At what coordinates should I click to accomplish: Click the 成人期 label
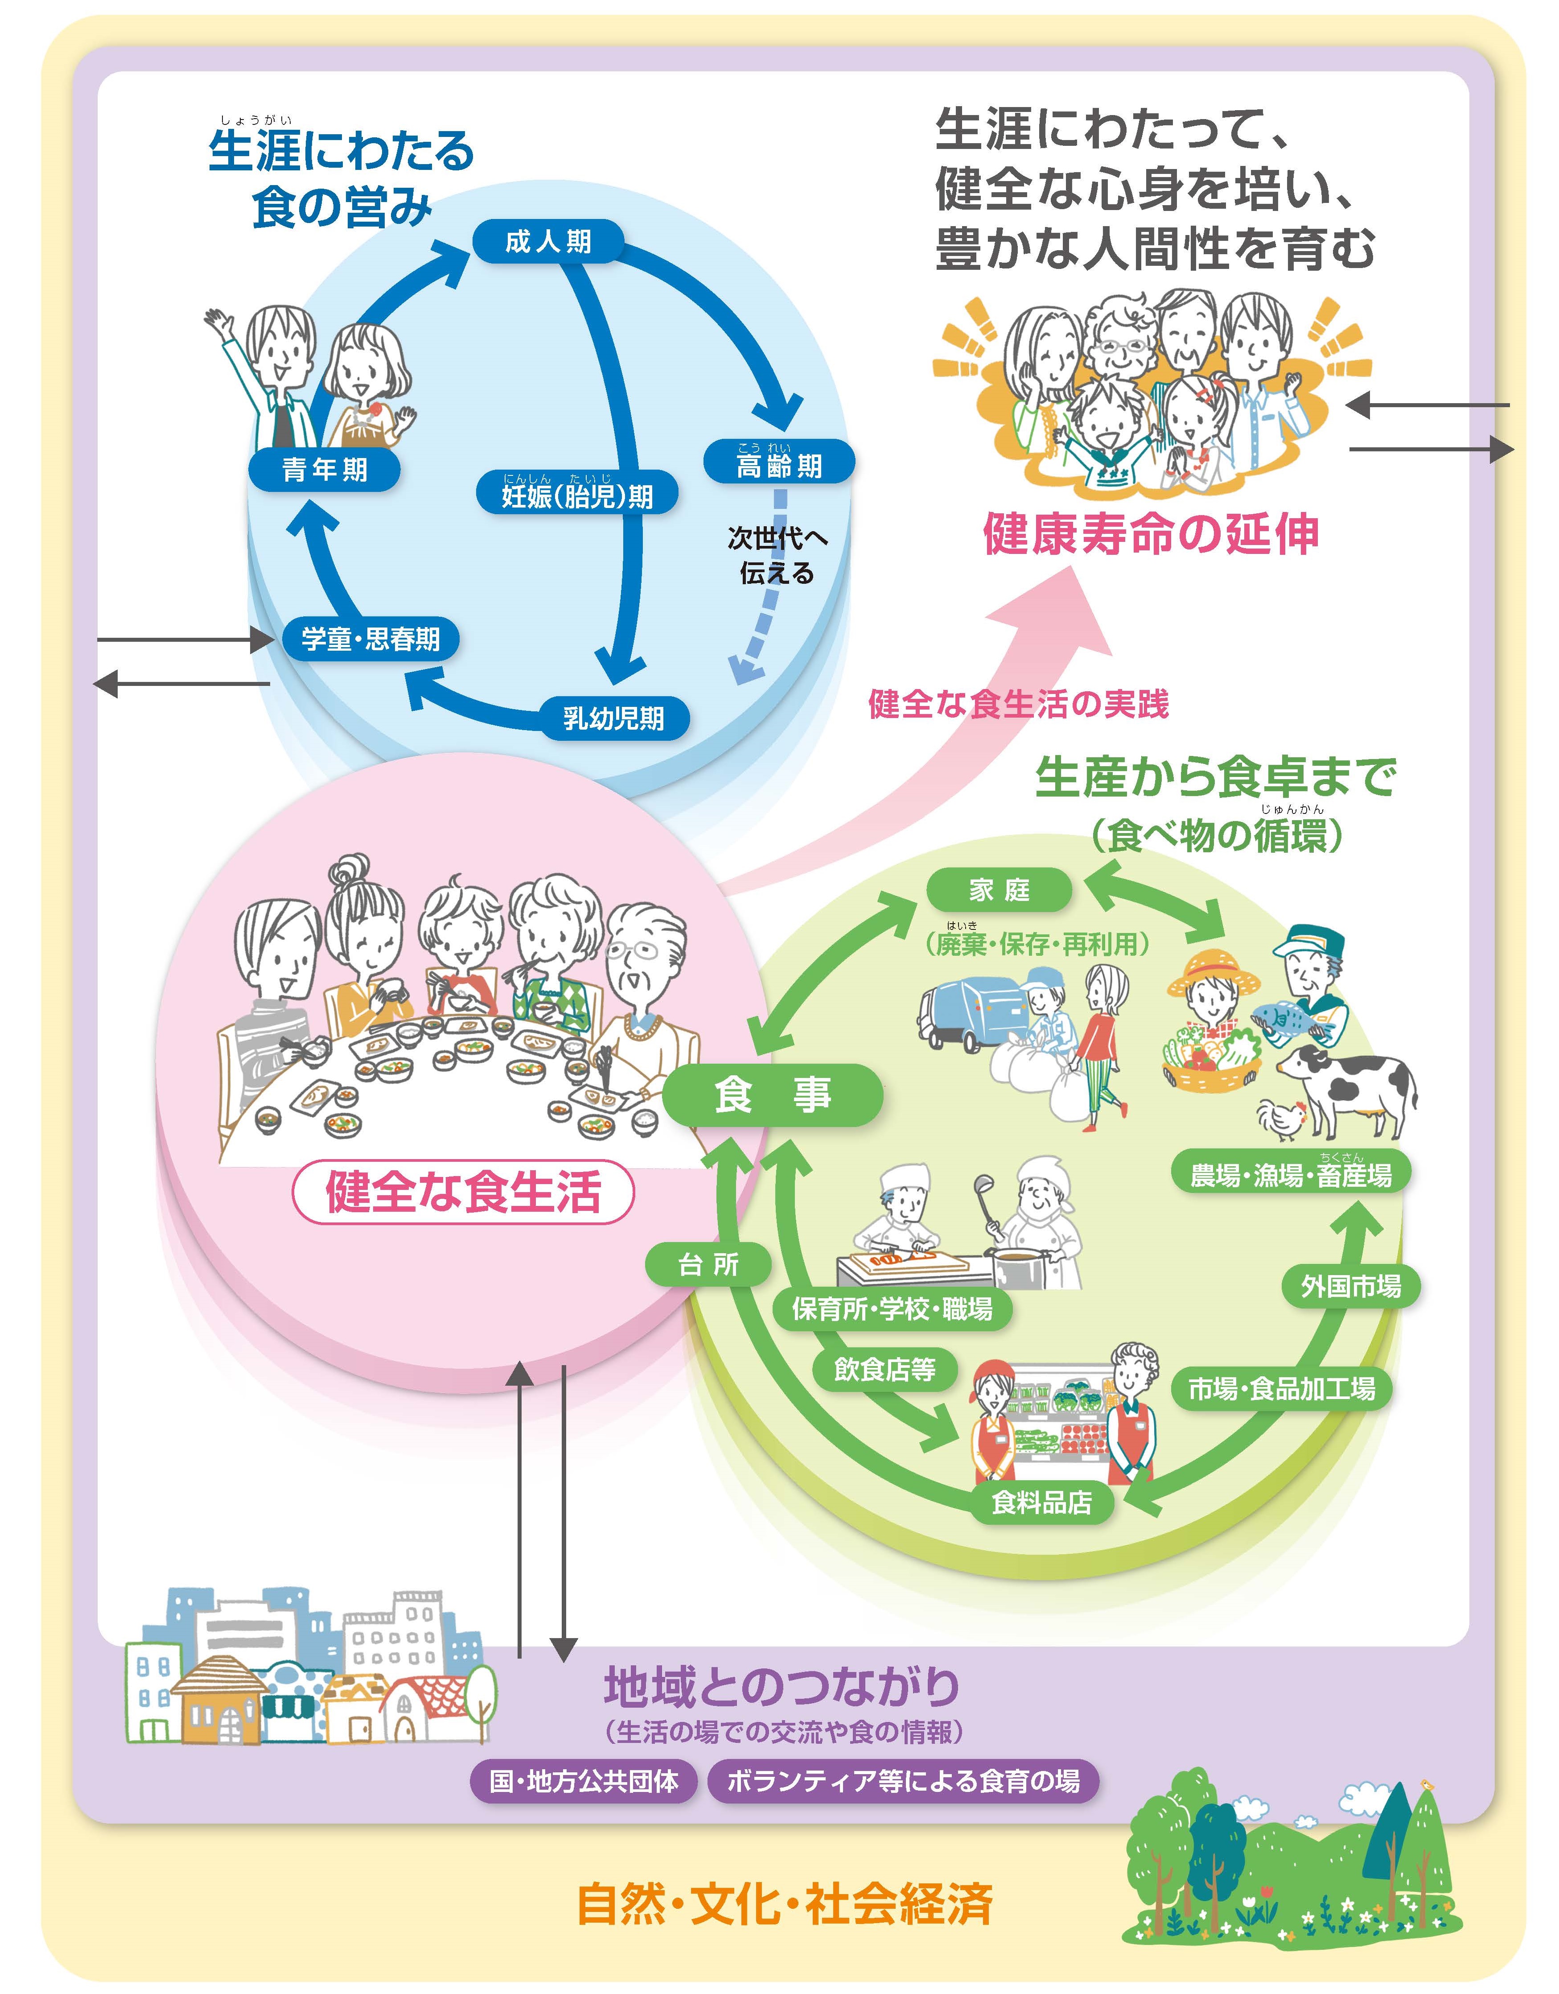pos(547,242)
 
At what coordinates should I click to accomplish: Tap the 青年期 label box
pos(324,470)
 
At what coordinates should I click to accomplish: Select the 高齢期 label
pos(778,464)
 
